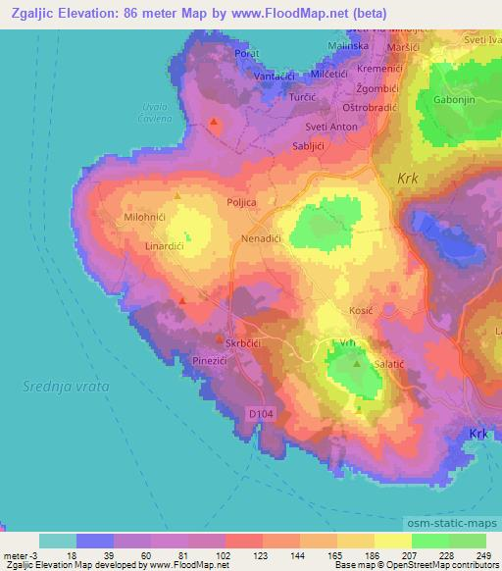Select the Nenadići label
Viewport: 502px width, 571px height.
click(x=262, y=238)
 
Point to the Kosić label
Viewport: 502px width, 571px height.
click(x=362, y=310)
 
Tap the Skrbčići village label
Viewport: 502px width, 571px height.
click(x=246, y=343)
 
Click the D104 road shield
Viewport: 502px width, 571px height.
click(x=260, y=415)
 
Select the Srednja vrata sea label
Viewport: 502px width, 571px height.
click(x=66, y=388)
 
